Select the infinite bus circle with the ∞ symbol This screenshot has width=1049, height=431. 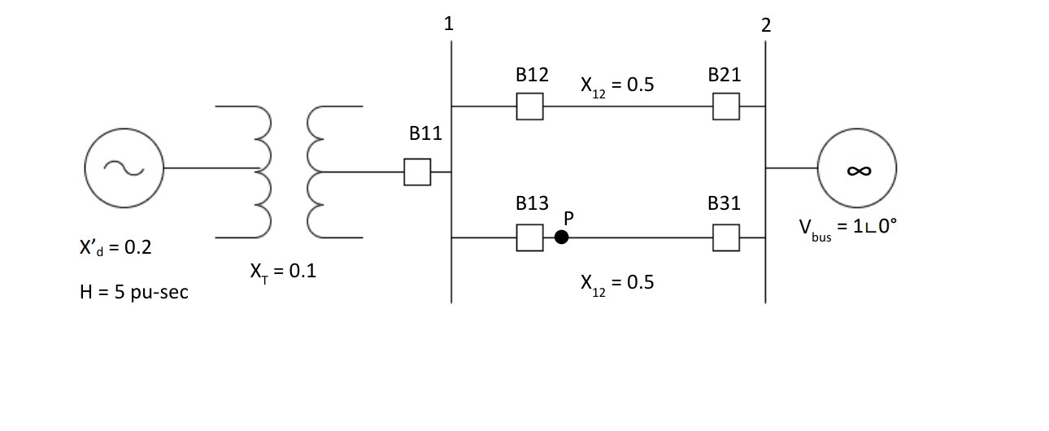coord(858,169)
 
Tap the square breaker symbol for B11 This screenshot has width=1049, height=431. coord(417,172)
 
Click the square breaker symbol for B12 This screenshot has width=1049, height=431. coord(529,107)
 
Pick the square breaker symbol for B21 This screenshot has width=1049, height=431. coord(726,107)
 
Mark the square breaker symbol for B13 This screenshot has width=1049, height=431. coord(529,237)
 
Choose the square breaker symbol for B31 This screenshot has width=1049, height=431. coord(726,237)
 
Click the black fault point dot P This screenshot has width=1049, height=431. coord(561,237)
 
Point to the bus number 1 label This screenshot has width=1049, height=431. coord(448,24)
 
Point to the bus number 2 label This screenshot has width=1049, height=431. coord(765,24)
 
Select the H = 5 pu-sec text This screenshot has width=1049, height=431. coord(130,291)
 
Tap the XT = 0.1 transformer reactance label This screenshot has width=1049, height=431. coord(283,272)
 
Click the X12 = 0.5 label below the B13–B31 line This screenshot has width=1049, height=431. coord(617,283)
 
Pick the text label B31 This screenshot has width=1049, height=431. coord(724,203)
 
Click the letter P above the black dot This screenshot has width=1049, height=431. coord(569,217)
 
